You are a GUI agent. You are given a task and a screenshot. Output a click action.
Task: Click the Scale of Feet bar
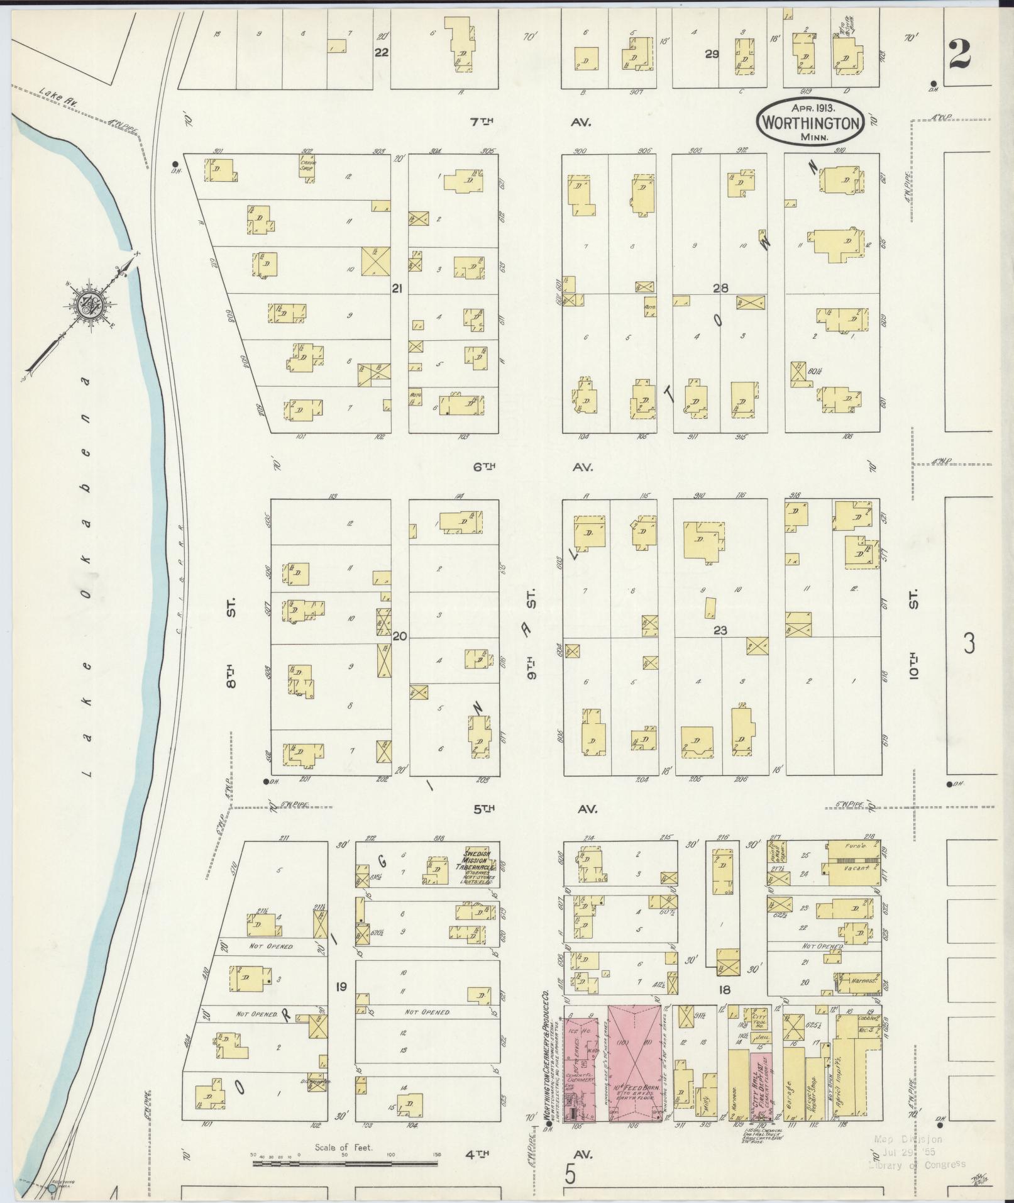tap(344, 1164)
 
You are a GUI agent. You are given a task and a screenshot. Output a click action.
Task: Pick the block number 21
tap(397, 288)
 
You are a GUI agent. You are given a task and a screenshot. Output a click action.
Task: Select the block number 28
tap(720, 288)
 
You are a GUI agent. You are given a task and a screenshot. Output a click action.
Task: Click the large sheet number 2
tap(960, 55)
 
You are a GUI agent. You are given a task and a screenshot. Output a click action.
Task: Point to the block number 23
tap(720, 629)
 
